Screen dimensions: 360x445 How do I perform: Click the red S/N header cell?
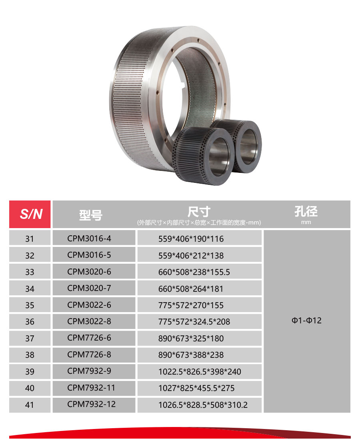(x=30, y=214)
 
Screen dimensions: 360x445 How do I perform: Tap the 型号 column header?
(x=91, y=215)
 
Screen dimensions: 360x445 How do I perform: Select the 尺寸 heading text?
(x=199, y=212)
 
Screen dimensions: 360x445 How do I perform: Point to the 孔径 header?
(x=306, y=211)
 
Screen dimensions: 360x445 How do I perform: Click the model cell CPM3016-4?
(x=89, y=239)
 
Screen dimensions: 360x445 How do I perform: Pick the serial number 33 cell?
(x=30, y=272)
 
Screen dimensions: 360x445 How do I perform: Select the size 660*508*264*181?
(x=191, y=289)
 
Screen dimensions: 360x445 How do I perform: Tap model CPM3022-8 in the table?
(x=89, y=321)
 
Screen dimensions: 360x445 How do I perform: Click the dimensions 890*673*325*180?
(x=191, y=338)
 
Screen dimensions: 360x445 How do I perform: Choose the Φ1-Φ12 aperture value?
(x=306, y=321)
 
